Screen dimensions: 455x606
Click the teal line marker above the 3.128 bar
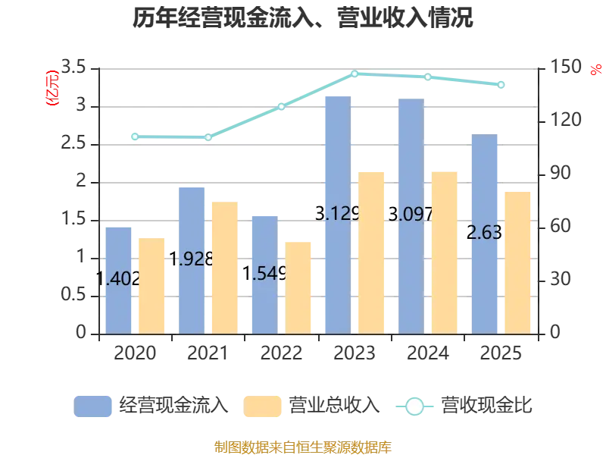point(355,74)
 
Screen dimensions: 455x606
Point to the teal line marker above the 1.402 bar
point(135,136)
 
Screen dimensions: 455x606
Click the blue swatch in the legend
point(93,406)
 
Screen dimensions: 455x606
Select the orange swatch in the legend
point(263,406)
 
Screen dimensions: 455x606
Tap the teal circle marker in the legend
point(414,406)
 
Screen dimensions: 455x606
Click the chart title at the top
point(303,18)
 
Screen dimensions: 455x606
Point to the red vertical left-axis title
point(52,87)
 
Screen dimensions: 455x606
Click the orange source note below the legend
point(303,445)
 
